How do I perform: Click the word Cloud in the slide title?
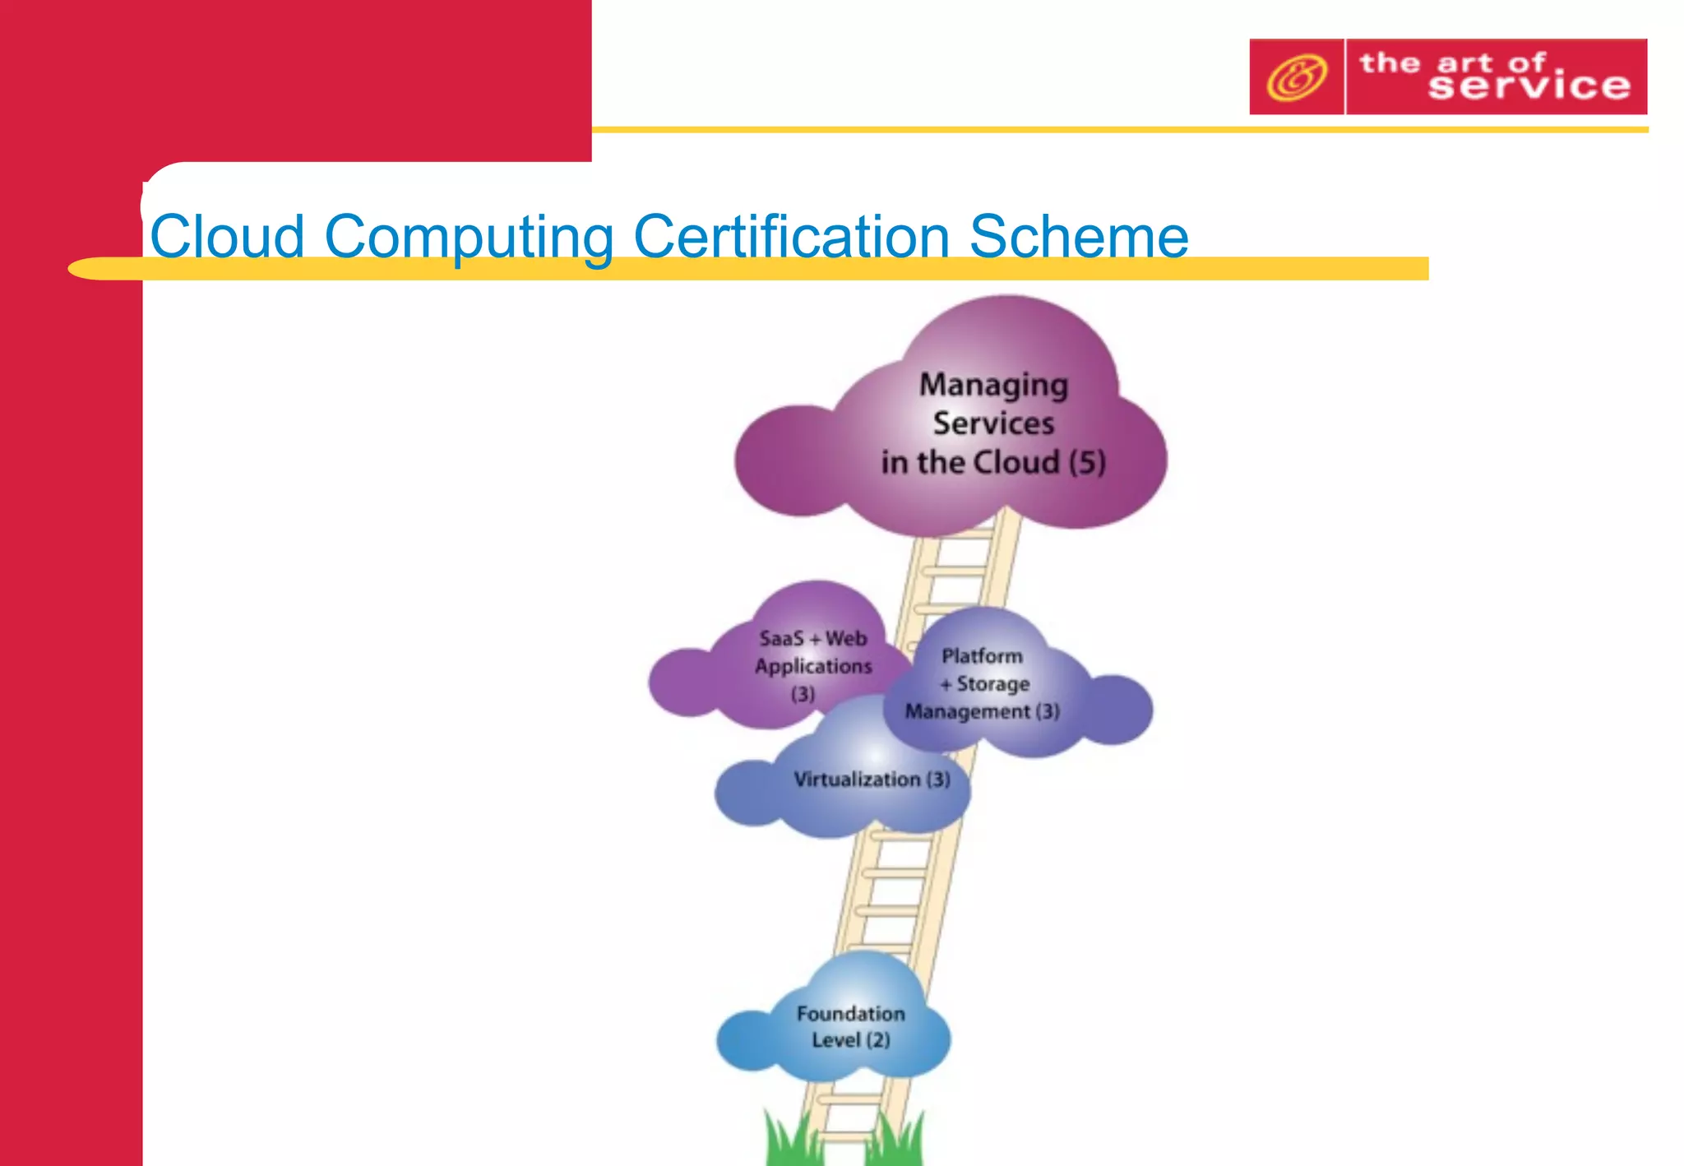(x=227, y=237)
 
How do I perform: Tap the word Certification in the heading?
(x=791, y=237)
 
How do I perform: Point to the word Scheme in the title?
(x=1079, y=237)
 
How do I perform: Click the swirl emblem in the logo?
(x=1296, y=77)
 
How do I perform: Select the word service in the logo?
(x=1529, y=86)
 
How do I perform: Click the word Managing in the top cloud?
(x=993, y=385)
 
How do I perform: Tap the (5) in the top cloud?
(x=1087, y=463)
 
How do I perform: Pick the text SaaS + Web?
(x=812, y=638)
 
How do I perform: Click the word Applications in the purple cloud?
(x=813, y=666)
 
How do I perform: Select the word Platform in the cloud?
(x=982, y=656)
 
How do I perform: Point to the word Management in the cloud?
(x=967, y=711)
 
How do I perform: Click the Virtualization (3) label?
(x=871, y=780)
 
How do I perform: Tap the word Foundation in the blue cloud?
(x=850, y=1014)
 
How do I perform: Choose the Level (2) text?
(x=850, y=1040)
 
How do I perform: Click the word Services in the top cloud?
(x=993, y=423)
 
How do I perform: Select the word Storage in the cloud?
(x=992, y=684)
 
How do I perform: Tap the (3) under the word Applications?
(x=803, y=694)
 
